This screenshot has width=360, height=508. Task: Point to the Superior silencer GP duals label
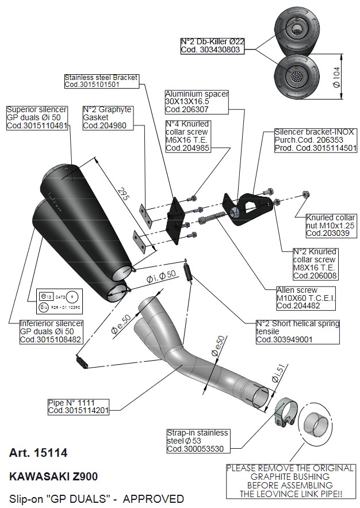pyautogui.click(x=37, y=117)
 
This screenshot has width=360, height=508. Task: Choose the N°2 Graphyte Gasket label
pyautogui.click(x=107, y=117)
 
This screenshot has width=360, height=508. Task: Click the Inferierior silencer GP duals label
pyautogui.click(x=52, y=331)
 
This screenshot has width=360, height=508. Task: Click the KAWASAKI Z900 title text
pyautogui.click(x=53, y=476)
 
